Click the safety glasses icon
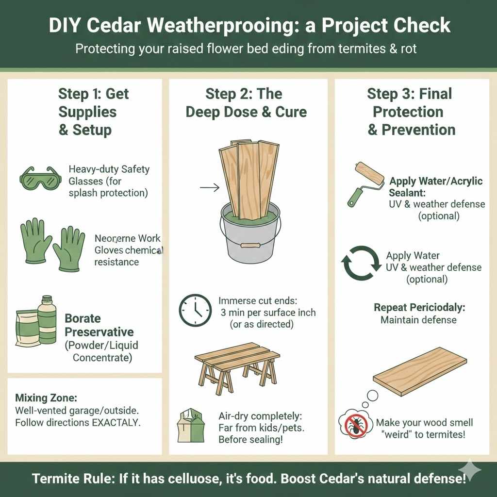click(x=41, y=178)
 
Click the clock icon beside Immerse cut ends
click(x=195, y=310)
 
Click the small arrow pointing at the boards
click(x=210, y=187)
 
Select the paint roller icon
click(x=365, y=182)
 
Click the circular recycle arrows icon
click(x=361, y=264)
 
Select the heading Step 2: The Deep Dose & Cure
click(x=246, y=102)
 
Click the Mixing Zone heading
click(x=46, y=398)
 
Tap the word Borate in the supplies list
click(x=83, y=319)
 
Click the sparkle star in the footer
click(x=470, y=470)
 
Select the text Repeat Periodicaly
click(x=418, y=308)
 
